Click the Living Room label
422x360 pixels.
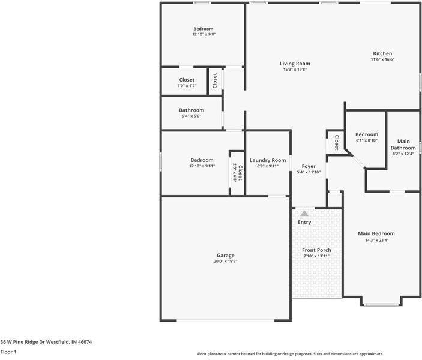click(295, 63)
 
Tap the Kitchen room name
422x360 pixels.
click(382, 53)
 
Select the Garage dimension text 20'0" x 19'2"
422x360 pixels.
click(226, 261)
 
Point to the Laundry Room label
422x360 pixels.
click(268, 160)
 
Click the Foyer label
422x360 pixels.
click(309, 166)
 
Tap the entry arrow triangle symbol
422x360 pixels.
click(304, 213)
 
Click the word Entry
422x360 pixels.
click(304, 223)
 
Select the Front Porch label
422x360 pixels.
click(316, 250)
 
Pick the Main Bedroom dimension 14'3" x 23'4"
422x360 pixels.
click(376, 240)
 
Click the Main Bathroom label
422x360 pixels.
click(403, 145)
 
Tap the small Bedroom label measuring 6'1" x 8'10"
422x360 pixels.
click(366, 134)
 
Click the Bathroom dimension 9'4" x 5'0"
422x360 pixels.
click(191, 116)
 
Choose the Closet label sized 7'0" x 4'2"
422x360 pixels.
click(187, 80)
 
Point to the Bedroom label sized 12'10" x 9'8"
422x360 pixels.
click(203, 29)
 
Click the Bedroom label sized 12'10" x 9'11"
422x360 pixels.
click(202, 160)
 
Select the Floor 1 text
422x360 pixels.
click(8, 352)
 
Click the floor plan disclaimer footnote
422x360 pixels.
click(291, 354)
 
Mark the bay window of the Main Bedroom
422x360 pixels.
click(381, 304)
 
